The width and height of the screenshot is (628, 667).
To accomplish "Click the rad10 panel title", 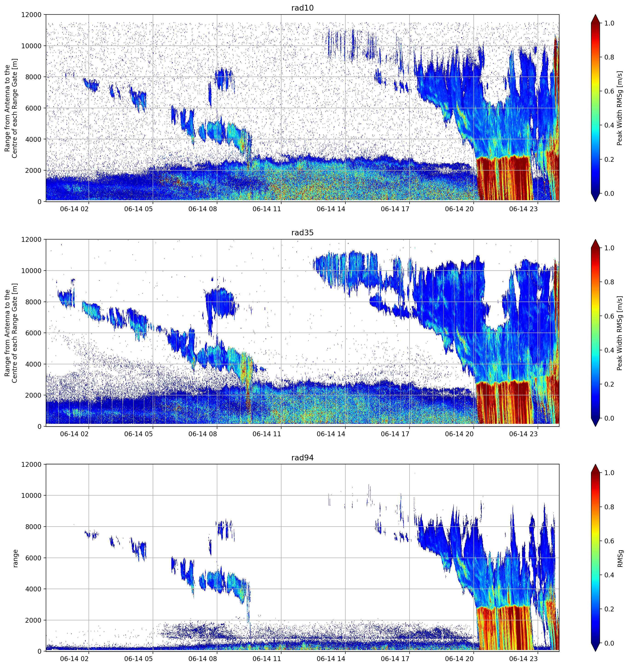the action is tap(302, 8).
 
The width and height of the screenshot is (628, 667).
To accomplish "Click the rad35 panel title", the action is tap(302, 233).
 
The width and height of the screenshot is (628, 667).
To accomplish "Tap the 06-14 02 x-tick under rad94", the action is tap(74, 659).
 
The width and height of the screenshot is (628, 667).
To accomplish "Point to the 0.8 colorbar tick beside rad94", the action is tap(609, 507).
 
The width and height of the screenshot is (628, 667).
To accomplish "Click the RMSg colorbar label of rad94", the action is tap(620, 559).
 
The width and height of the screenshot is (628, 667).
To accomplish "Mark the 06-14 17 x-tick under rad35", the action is tap(395, 434).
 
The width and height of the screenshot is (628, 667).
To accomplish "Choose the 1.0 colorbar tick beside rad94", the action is tap(609, 473).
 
